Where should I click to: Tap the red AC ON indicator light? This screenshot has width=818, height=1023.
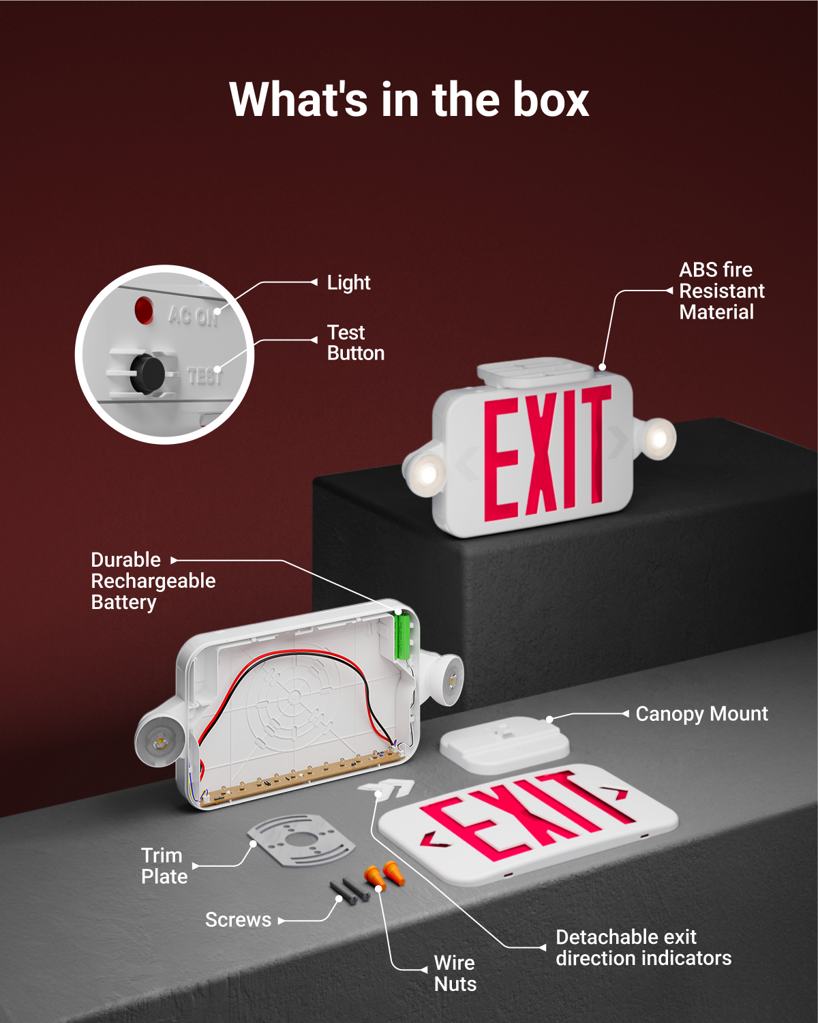pos(144,310)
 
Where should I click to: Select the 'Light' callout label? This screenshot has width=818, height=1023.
pos(348,282)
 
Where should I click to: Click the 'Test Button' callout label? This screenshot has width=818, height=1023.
pos(355,343)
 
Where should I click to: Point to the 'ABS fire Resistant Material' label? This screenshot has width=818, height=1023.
pos(721,291)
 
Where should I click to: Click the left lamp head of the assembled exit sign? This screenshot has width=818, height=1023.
pos(425,472)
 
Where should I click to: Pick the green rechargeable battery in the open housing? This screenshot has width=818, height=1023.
pos(402,634)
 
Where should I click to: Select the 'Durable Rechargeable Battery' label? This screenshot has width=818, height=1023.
pos(153,581)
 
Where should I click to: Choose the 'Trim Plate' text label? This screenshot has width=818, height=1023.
pos(164,866)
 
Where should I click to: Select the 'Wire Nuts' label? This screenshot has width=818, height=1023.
pos(455,973)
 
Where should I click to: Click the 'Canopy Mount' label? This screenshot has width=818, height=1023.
pos(701,714)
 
